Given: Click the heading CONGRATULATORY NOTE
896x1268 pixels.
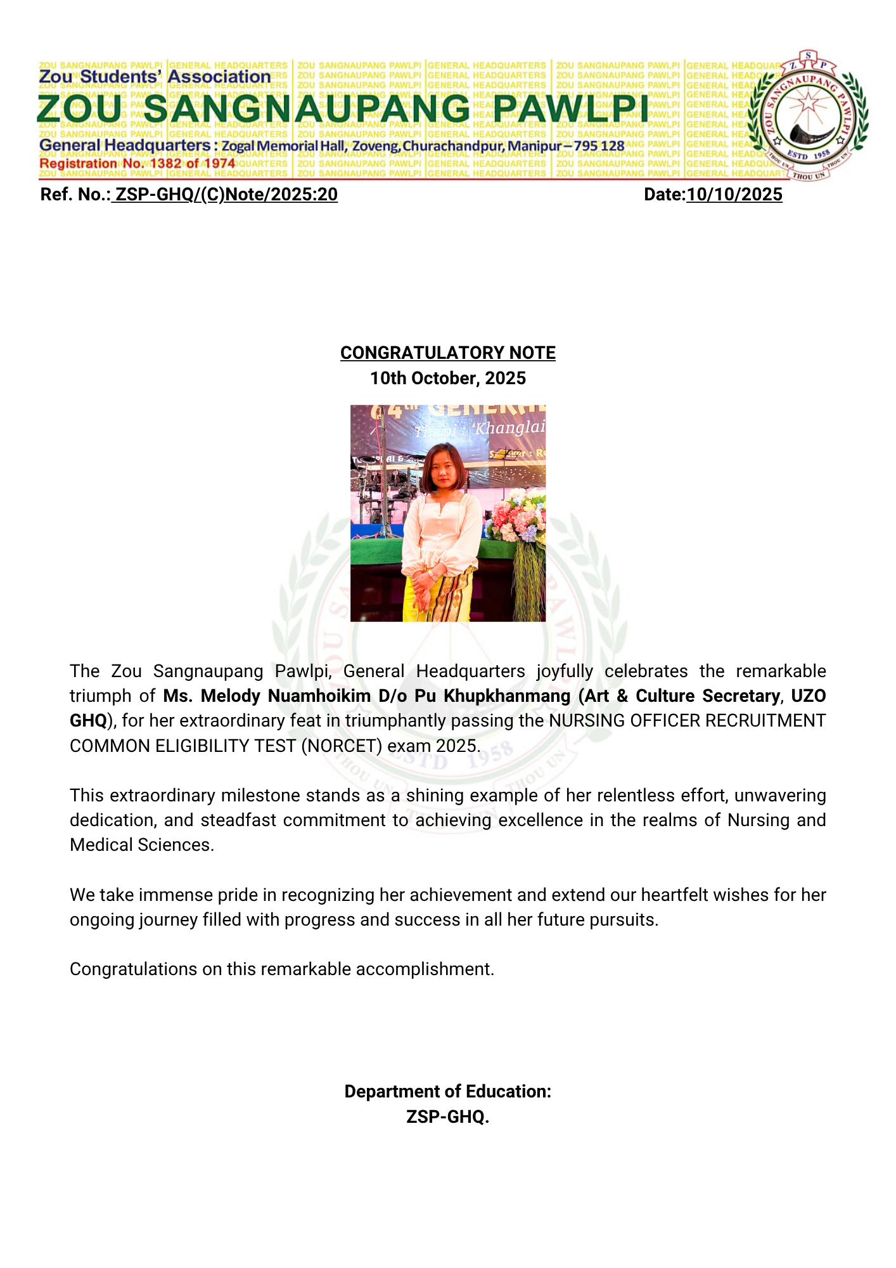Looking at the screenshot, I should click(x=447, y=353).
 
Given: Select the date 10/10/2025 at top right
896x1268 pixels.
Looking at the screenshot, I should click(x=734, y=195).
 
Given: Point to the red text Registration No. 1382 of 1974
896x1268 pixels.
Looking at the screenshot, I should click(x=137, y=164).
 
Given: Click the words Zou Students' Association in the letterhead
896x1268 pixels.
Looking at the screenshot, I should click(x=155, y=77).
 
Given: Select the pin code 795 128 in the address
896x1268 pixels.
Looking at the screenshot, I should click(x=599, y=146).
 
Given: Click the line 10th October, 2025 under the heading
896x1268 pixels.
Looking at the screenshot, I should click(x=447, y=378).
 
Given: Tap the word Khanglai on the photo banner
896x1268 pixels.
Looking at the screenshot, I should click(x=509, y=428).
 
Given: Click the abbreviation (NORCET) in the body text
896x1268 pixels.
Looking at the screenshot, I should click(x=342, y=746).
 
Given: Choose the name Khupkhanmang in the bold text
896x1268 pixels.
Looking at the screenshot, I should click(x=507, y=696).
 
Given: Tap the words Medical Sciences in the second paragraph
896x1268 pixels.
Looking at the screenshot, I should click(x=141, y=845).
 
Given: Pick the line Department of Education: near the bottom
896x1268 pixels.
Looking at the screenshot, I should click(x=447, y=1092).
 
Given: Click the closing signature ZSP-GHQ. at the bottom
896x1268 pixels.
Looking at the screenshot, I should click(x=447, y=1116).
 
